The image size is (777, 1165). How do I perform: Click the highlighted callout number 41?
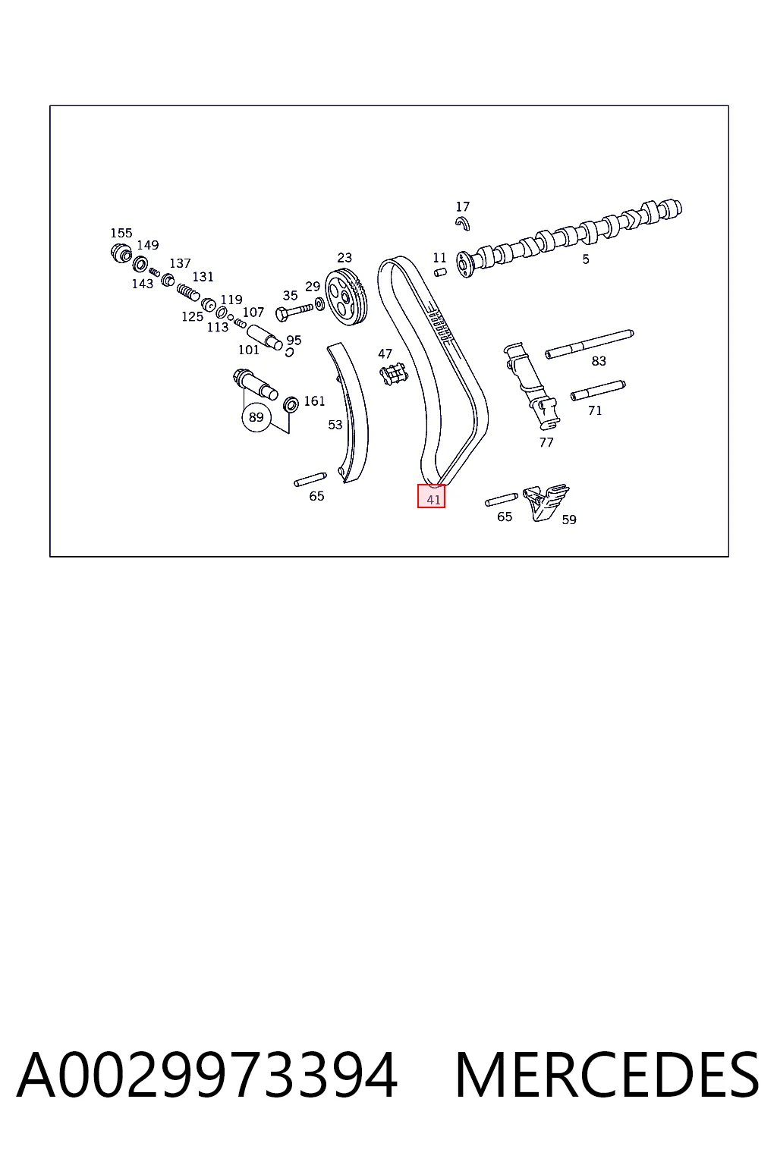[x=433, y=500]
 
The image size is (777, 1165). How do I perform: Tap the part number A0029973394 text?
[x=207, y=1076]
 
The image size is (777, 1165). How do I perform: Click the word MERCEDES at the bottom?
[x=607, y=1076]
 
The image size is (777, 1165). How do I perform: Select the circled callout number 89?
[x=256, y=417]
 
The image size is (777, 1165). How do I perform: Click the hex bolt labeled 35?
[x=294, y=312]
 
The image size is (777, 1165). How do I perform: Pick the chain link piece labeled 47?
[x=394, y=375]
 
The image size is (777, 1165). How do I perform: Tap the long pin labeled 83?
[x=589, y=344]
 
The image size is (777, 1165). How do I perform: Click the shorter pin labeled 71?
[x=598, y=391]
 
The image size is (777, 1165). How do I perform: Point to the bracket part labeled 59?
[x=546, y=501]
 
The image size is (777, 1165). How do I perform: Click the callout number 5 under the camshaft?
[x=586, y=259]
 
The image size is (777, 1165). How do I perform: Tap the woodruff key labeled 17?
[x=463, y=224]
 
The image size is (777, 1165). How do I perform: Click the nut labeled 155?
[x=121, y=253]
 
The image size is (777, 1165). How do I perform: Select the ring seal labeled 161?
[x=291, y=404]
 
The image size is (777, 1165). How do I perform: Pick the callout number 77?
[x=546, y=443]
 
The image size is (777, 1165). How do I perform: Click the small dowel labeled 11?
[x=440, y=272]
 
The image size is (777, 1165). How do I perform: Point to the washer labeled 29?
[x=319, y=303]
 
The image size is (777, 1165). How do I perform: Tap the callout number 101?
[x=249, y=350]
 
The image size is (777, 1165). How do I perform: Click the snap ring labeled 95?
[x=289, y=352]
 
